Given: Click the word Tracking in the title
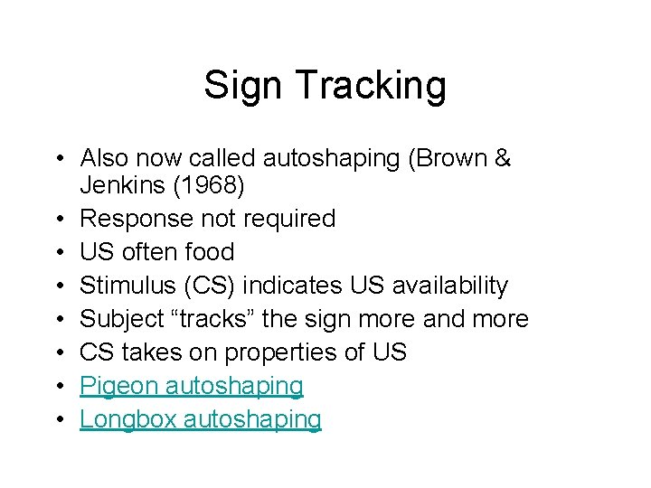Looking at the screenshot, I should (371, 86).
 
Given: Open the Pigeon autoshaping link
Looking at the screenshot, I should (192, 386).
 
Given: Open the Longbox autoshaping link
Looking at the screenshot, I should (201, 419).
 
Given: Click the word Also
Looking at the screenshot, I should (101, 159).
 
